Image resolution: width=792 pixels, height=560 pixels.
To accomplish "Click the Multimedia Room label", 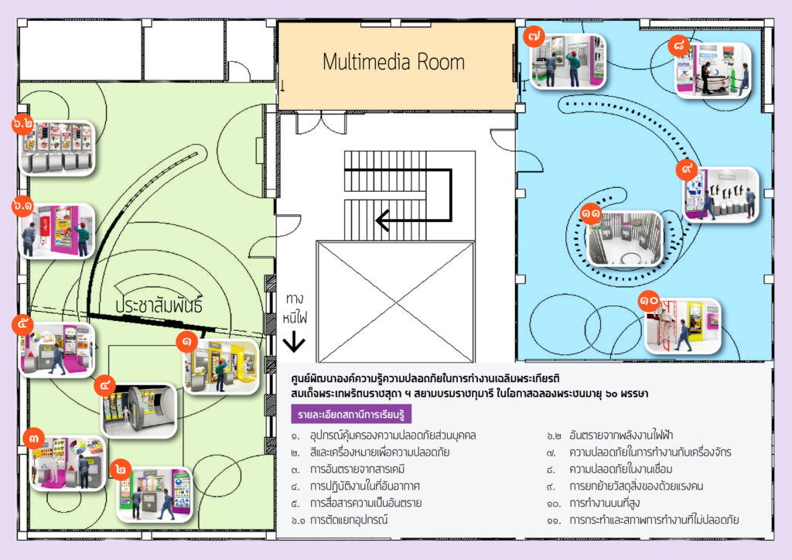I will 394,62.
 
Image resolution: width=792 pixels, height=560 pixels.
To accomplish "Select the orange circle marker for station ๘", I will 681,46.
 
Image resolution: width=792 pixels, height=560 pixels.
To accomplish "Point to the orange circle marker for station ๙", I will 687,168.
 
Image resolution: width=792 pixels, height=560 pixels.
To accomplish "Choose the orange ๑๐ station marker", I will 648,299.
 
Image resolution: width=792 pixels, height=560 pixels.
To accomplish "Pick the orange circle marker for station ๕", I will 24,324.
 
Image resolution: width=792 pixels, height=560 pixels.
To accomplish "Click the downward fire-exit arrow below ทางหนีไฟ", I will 294,343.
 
